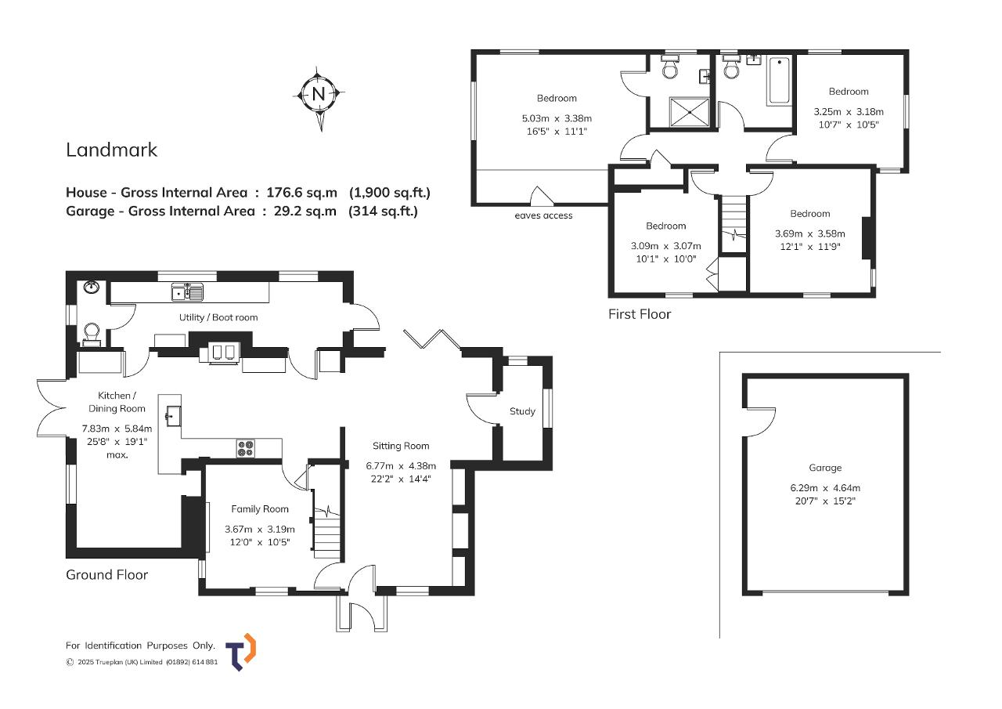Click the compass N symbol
point(319,95)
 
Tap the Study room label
point(522,411)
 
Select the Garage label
point(825,468)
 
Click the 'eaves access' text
point(543,215)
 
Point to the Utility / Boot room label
point(218,317)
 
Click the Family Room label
point(259,509)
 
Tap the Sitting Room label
point(400,446)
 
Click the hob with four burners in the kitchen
point(246,448)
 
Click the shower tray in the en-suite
point(690,112)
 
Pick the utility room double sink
point(187,292)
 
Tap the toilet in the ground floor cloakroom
point(92,335)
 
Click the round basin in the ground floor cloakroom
point(92,287)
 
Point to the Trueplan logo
point(240,652)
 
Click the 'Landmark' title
point(111,150)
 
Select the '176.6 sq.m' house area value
point(301,193)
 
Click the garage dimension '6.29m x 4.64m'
point(825,488)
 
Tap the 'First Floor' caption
point(640,314)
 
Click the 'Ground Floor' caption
point(106,575)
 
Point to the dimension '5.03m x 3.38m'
point(557,118)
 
